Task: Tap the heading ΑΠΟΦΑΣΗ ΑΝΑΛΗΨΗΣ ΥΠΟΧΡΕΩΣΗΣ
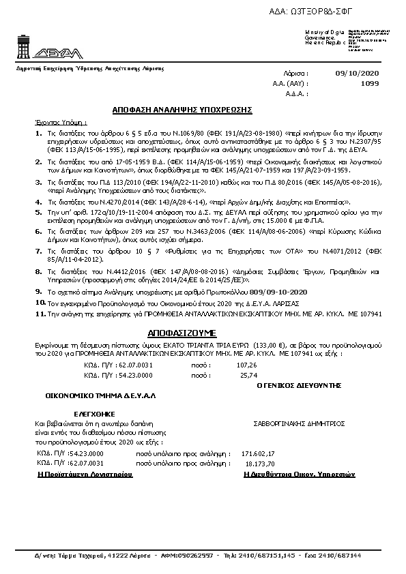point(183,109)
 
